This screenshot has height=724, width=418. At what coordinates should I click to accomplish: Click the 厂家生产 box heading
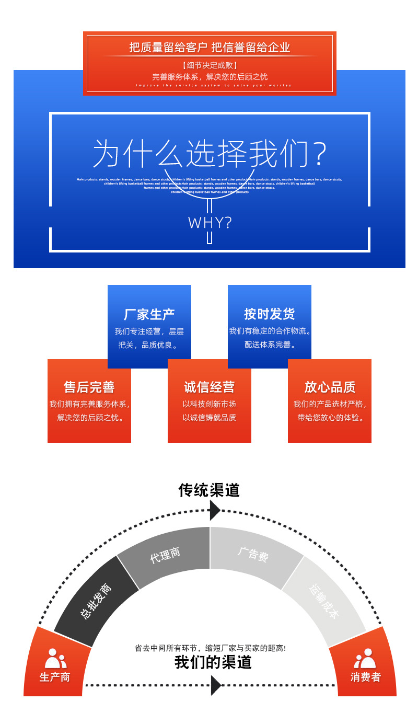pyautogui.click(x=149, y=314)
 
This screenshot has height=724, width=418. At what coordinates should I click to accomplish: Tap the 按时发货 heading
pyautogui.click(x=269, y=314)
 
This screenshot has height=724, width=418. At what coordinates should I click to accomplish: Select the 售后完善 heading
pyautogui.click(x=89, y=387)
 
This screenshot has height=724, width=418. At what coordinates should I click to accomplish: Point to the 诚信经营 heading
pyautogui.click(x=209, y=387)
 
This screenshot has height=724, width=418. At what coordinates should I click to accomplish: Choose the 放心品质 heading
pyautogui.click(x=330, y=387)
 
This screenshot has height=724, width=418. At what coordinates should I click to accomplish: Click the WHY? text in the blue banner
pyautogui.click(x=210, y=223)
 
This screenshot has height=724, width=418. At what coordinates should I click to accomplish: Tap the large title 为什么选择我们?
pyautogui.click(x=210, y=154)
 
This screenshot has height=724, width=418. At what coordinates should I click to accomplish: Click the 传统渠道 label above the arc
pyautogui.click(x=209, y=490)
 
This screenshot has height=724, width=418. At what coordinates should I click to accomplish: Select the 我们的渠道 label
pyautogui.click(x=213, y=662)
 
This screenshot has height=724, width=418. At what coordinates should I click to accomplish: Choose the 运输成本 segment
pyautogui.click(x=323, y=601)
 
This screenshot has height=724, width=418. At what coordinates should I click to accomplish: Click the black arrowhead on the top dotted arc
pyautogui.click(x=214, y=510)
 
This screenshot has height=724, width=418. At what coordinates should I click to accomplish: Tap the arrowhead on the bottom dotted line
pyautogui.click(x=216, y=685)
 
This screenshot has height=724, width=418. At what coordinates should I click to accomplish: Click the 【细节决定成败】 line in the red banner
pyautogui.click(x=210, y=65)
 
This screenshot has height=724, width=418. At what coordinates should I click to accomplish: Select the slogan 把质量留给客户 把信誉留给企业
pyautogui.click(x=210, y=48)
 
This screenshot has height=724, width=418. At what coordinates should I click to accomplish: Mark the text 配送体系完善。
pyautogui.click(x=270, y=344)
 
